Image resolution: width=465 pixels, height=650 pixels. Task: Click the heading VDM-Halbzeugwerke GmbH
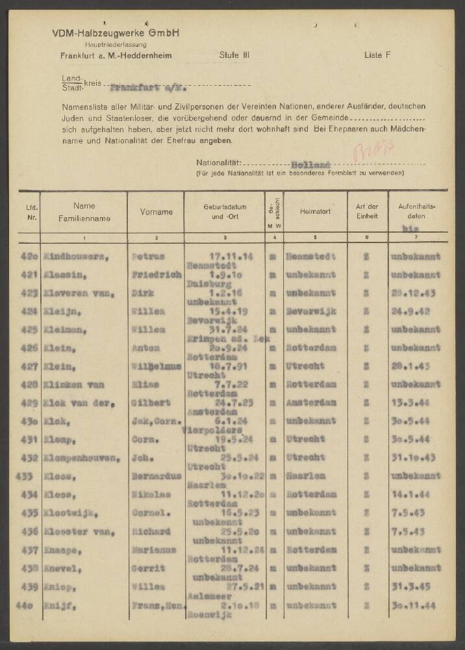(x=116, y=32)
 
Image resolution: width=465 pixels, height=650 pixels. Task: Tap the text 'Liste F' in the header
(x=377, y=56)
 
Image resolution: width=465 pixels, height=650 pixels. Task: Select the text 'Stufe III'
(x=234, y=56)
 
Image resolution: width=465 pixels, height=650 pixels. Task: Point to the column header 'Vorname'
(x=157, y=212)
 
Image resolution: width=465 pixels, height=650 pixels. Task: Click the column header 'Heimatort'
(x=316, y=212)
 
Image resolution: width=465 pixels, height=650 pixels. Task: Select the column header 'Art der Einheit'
(x=367, y=212)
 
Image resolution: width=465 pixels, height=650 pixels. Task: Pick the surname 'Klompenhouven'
(x=81, y=459)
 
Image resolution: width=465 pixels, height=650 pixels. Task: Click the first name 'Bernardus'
(x=156, y=477)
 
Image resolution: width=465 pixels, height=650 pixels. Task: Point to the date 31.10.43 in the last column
(x=416, y=459)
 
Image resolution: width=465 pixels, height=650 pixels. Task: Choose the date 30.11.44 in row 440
(x=416, y=606)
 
